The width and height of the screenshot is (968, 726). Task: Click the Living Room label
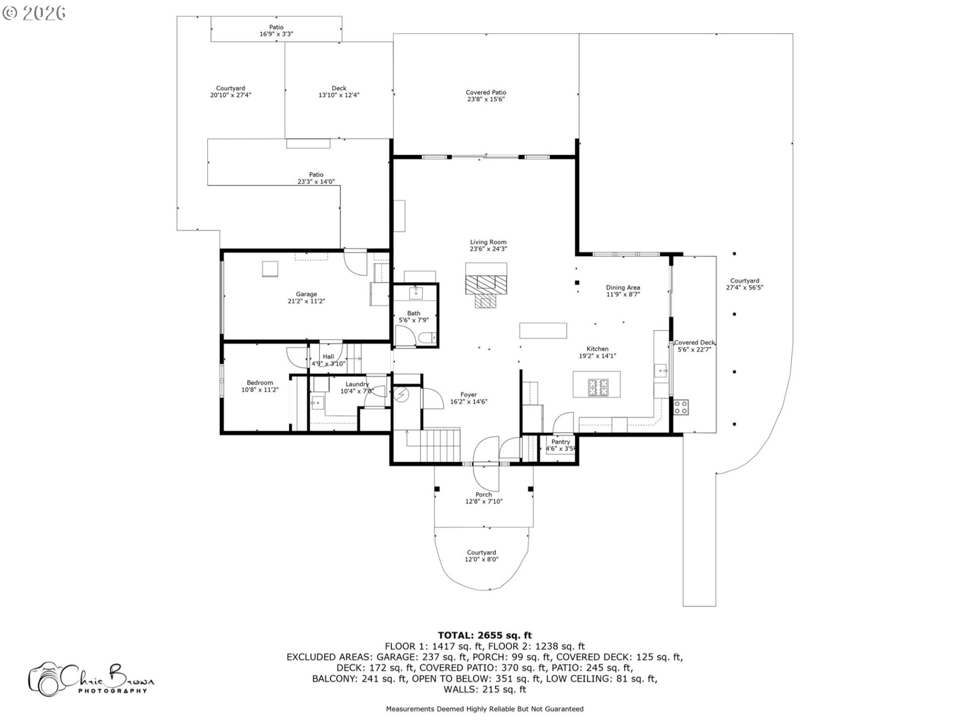(488, 243)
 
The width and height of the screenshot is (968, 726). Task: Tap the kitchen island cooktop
(598, 387)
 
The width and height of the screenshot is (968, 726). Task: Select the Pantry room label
(561, 442)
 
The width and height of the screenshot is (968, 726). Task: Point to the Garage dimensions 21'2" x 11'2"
(306, 301)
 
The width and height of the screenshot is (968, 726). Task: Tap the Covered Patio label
(486, 93)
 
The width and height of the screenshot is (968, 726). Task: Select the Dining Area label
(623, 288)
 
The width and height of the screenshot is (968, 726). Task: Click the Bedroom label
(260, 383)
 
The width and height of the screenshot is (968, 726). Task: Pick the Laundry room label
(357, 384)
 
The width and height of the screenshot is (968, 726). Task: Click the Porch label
(483, 495)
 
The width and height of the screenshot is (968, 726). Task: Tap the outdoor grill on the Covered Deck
(681, 407)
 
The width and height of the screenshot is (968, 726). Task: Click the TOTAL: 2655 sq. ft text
(485, 635)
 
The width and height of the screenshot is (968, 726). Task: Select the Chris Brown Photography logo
(91, 679)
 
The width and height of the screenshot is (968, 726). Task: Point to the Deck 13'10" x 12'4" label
(339, 92)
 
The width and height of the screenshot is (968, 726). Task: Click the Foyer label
(468, 395)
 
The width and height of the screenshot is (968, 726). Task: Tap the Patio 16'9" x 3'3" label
(276, 31)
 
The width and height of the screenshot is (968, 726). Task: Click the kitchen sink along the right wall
(661, 371)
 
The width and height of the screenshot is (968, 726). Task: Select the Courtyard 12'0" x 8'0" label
(481, 556)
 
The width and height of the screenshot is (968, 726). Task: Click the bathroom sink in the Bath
(416, 292)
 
